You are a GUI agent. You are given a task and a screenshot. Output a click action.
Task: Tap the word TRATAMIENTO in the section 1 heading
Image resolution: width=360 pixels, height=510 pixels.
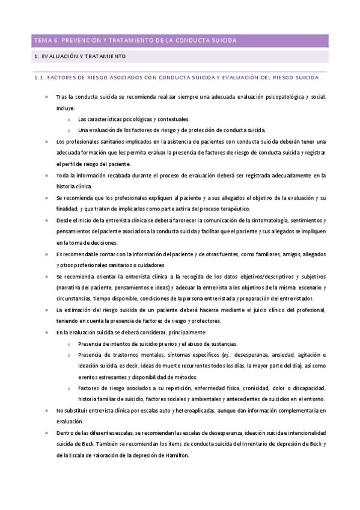pyautogui.click(x=105, y=57)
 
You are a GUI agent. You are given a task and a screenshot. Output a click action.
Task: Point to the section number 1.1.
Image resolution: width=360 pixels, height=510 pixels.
pyautogui.click(x=40, y=78)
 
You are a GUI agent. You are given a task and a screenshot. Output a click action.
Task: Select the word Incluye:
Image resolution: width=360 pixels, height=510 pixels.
pyautogui.click(x=66, y=108)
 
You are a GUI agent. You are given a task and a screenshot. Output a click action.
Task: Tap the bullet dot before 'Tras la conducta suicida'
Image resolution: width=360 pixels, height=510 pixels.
pyautogui.click(x=47, y=97)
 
